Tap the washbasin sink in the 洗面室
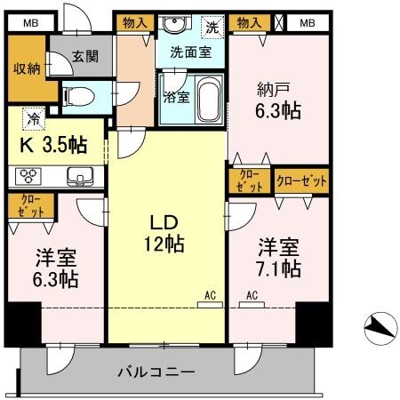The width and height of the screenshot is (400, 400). click(174, 25)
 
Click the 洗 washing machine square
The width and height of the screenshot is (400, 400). click(213, 27)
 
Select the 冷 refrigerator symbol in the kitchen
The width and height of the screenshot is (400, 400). click(33, 115)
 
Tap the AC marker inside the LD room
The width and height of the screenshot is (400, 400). click(210, 295)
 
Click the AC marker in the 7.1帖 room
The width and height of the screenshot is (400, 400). click(252, 295)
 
